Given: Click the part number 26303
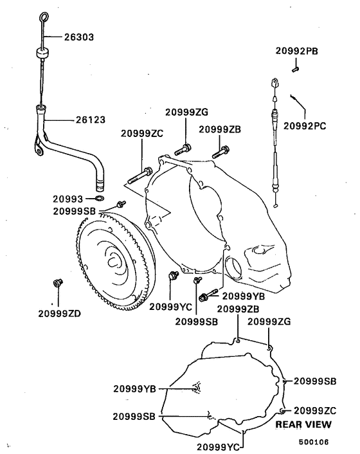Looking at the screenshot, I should click(x=78, y=37).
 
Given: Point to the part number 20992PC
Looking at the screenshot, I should click(x=305, y=126).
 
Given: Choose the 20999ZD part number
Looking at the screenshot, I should click(x=59, y=313).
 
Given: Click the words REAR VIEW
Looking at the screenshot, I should click(x=303, y=425).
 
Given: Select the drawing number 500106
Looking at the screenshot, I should click(x=313, y=442).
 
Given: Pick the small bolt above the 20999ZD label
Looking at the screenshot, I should click(x=57, y=282).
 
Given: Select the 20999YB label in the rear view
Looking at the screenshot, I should click(x=134, y=388).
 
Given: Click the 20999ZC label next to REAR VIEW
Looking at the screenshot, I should click(x=315, y=410).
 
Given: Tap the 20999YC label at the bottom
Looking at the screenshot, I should click(x=218, y=446).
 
